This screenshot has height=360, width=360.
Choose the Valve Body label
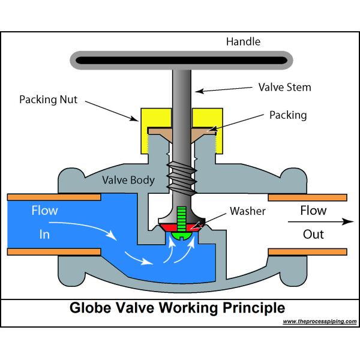(128, 180)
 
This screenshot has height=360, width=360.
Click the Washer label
(248, 211)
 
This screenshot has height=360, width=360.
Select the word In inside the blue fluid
(45, 235)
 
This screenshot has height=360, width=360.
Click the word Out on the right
(313, 234)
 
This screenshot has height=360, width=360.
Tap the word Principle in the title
(253, 308)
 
